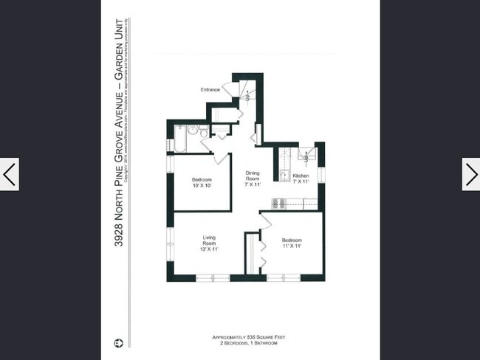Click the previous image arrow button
9,174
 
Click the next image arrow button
470,174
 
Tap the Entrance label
210,89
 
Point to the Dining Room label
253,177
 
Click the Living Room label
209,240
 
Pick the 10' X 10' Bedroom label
202,182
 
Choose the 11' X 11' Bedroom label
291,243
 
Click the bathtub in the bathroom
179,138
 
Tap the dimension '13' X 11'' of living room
209,249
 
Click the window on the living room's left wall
169,239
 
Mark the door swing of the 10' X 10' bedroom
220,158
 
